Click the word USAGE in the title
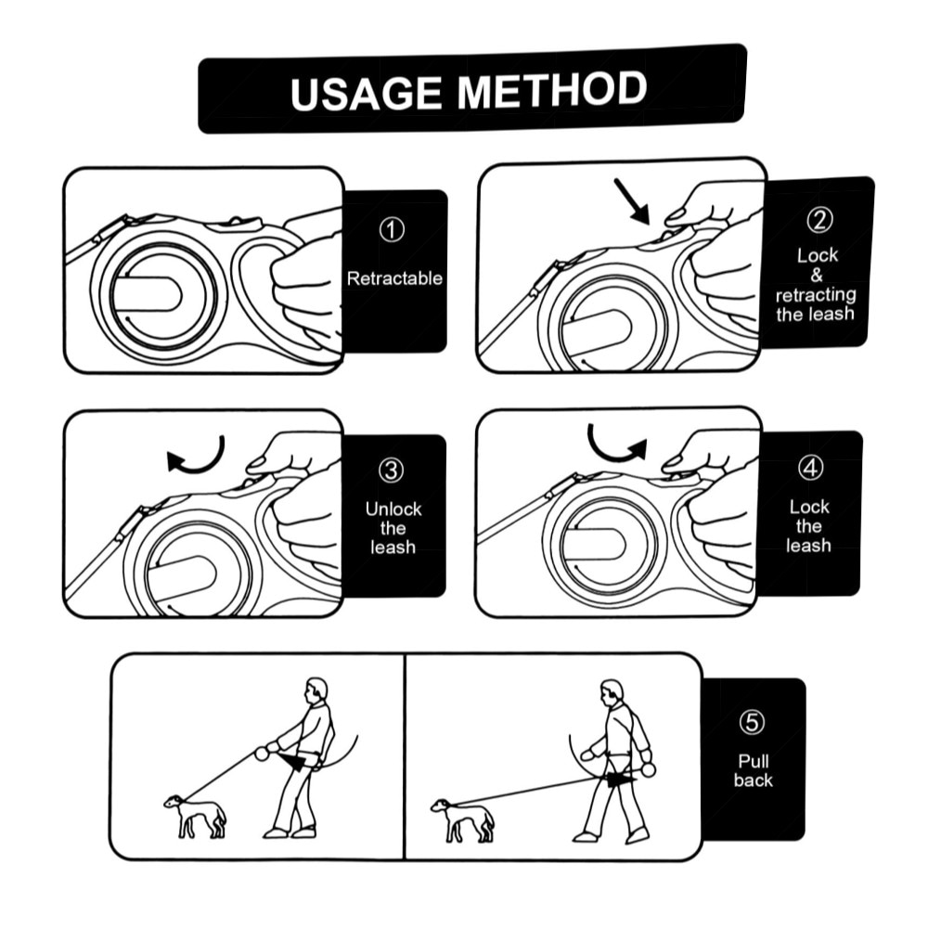pos(366,94)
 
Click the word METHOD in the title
pos(552,90)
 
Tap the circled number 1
pos(392,229)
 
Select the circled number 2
pos(819,220)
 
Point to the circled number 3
pos(392,470)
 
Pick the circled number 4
pos(810,467)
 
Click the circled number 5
pos(752,722)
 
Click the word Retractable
pos(394,278)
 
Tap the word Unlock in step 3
pos(393,509)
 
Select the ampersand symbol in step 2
pos(817,276)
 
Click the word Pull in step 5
pos(754,761)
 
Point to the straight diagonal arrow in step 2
pos(632,201)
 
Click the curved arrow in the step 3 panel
pos(197,457)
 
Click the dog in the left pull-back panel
pos(195,817)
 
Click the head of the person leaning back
pos(316,690)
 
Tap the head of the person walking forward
pos(612,692)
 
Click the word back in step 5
pos(754,780)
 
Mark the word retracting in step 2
pos(816,295)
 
